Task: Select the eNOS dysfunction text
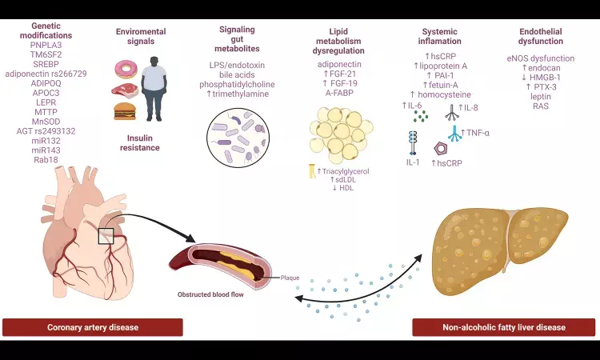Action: pos(541,59)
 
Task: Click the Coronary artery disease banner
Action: pos(93,327)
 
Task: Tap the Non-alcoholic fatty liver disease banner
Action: pos(503,327)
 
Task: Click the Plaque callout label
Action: pos(290,278)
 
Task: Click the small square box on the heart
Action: pos(106,236)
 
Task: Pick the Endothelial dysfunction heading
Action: pos(541,36)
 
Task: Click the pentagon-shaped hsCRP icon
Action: pos(418,149)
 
